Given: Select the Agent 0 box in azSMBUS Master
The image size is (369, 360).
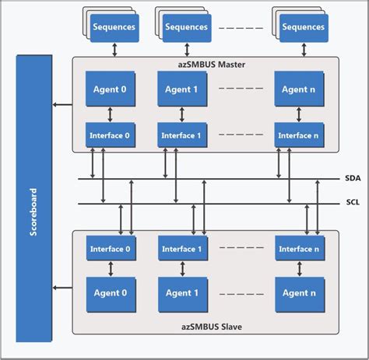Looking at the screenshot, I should tap(109, 89).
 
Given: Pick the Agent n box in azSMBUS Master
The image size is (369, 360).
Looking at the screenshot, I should tap(299, 89).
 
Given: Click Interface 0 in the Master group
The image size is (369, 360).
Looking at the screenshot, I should tap(109, 135).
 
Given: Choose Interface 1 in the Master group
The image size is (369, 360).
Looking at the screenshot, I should tap(182, 135).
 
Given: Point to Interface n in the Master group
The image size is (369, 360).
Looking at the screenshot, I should tap(299, 135).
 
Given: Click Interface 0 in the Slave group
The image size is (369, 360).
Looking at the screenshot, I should tap(109, 249).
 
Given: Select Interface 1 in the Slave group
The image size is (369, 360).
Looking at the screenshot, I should tap(182, 249).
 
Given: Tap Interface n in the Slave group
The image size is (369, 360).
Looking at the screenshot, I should tap(299, 249).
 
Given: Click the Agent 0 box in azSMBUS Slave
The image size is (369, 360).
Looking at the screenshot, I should tap(109, 293).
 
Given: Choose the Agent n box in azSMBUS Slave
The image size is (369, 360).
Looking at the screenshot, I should tap(299, 293).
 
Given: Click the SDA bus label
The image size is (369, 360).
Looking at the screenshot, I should tap(351, 178).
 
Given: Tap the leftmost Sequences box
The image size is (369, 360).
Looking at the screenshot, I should tap(114, 28).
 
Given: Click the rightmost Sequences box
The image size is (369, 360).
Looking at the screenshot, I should tap(303, 28).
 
